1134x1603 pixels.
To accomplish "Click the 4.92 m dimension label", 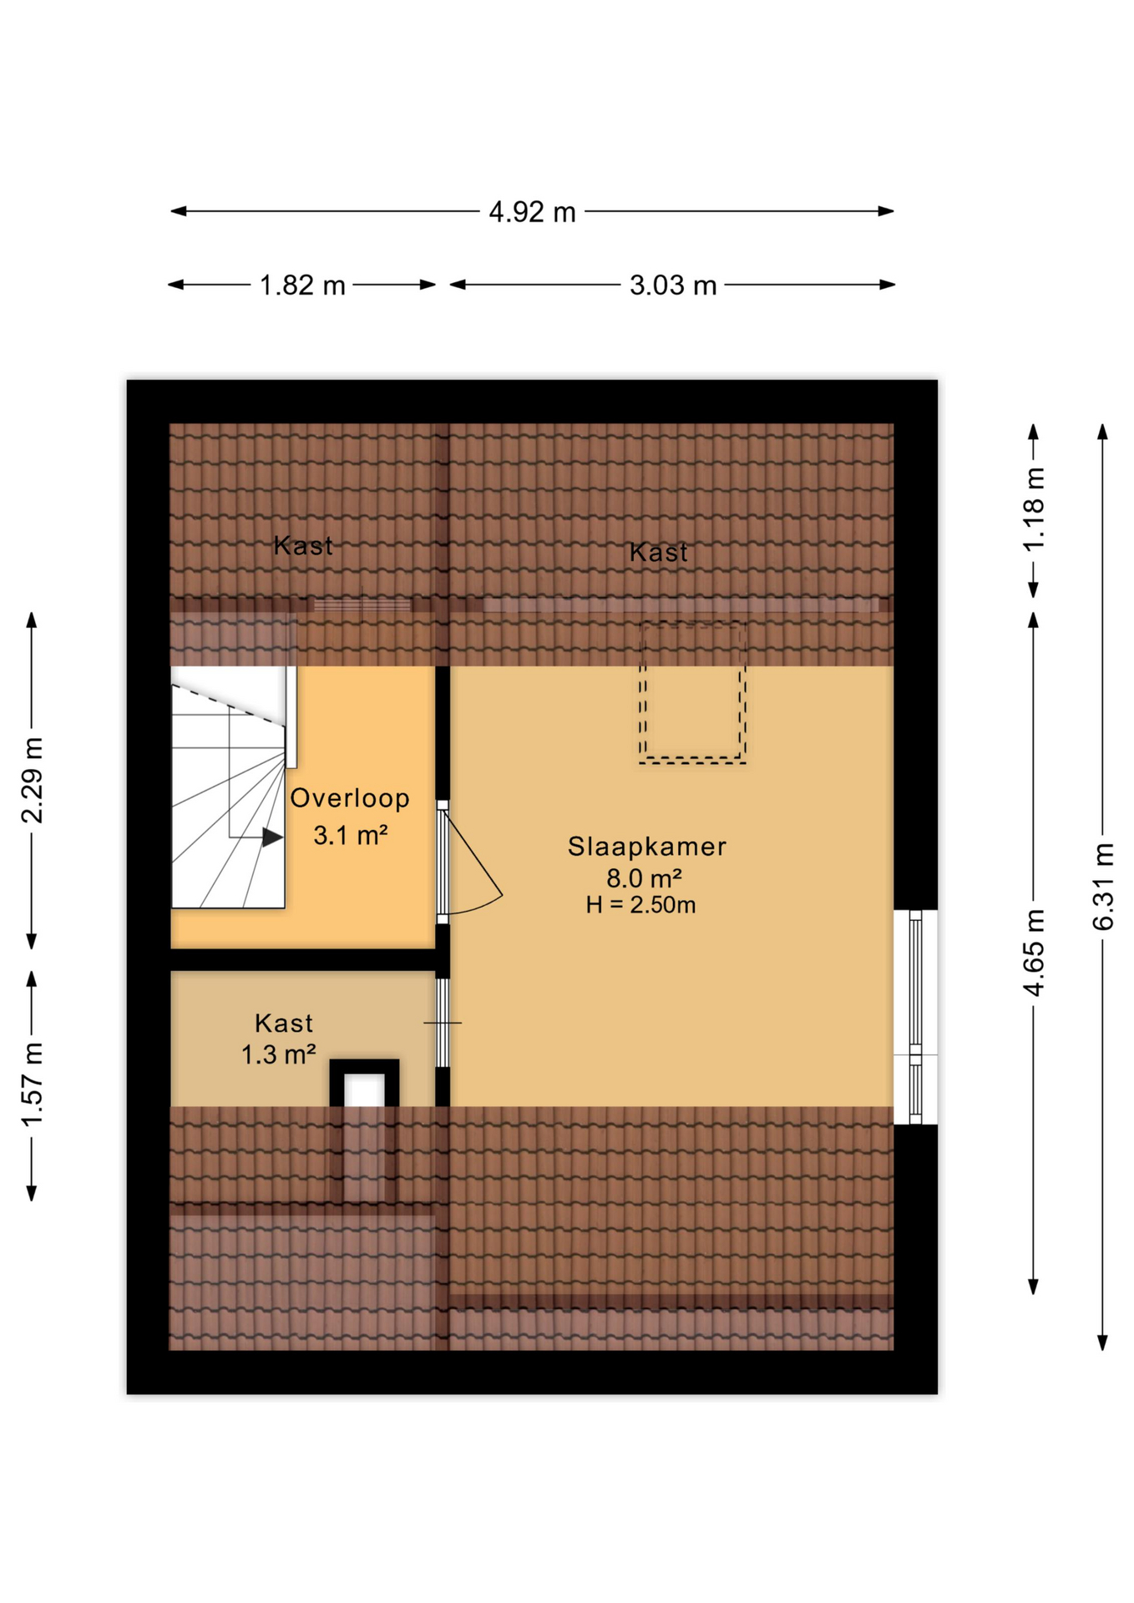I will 532,212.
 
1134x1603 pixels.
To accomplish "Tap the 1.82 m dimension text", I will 301,286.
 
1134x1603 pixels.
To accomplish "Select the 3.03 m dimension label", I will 672,286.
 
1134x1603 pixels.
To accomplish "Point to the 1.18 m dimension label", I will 1034,509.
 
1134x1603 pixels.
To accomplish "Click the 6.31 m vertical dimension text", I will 1103,887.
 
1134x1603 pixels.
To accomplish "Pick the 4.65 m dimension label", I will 1034,953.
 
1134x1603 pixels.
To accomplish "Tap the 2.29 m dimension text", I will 32,780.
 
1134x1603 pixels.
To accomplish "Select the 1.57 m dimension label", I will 32,1085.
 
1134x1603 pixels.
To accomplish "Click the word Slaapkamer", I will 646,846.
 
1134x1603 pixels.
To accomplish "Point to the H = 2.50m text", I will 640,905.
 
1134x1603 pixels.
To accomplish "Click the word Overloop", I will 350,798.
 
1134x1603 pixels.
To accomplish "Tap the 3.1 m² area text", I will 350,835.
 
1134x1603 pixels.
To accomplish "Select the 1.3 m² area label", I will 278,1054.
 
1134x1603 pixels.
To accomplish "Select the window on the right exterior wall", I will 915,1016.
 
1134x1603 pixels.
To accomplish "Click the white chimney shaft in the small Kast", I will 364,1090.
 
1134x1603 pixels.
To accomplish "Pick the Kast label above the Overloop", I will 303,546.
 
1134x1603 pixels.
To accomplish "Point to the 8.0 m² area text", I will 644,878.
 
